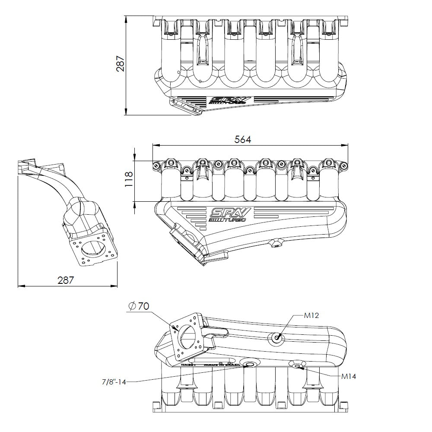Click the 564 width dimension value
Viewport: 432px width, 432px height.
pos(242,139)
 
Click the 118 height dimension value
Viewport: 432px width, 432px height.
pos(128,179)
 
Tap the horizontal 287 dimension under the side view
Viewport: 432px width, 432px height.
pos(65,280)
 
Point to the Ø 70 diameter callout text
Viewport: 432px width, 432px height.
pos(139,306)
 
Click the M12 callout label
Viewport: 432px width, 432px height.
pos(311,315)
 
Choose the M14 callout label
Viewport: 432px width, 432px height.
pos(348,376)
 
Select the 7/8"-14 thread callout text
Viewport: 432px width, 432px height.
pos(114,381)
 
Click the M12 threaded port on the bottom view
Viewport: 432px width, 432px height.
pos(276,338)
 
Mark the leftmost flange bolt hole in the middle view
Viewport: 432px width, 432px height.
pos(156,165)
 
